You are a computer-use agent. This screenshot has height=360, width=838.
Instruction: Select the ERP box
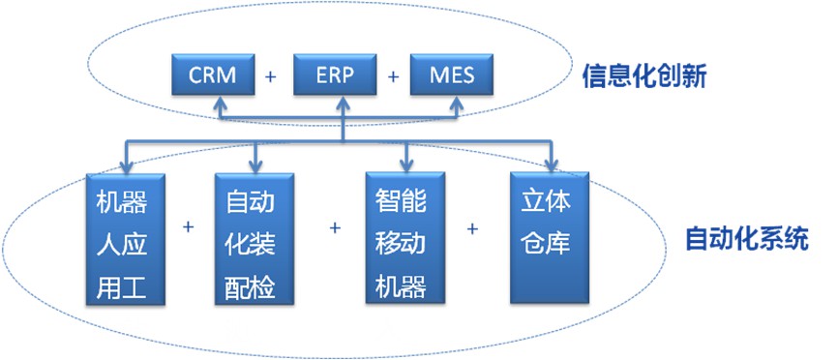pyautogui.click(x=332, y=75)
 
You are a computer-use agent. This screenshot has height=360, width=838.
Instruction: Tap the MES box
pyautogui.click(x=452, y=75)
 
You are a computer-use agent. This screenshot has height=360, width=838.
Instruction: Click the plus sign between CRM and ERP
pyautogui.click(x=271, y=76)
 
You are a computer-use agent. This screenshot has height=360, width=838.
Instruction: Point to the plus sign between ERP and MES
pyautogui.click(x=393, y=76)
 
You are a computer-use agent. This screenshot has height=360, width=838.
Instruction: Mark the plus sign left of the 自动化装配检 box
pyautogui.click(x=188, y=227)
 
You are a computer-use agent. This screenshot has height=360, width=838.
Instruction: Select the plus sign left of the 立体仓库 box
pyautogui.click(x=473, y=228)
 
